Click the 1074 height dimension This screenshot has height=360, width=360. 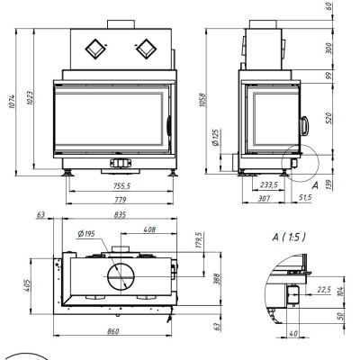pyautogui.click(x=12, y=102)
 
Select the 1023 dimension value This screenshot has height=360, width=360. pyautogui.click(x=30, y=98)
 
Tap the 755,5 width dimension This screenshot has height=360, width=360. pyautogui.click(x=121, y=186)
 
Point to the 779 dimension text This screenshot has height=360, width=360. pyautogui.click(x=120, y=199)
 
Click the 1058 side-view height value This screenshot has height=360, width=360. pyautogui.click(x=202, y=100)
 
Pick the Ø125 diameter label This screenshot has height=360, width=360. pyautogui.click(x=216, y=138)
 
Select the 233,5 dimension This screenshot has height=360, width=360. pyautogui.click(x=268, y=185)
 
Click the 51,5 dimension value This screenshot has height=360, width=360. pyautogui.click(x=305, y=197)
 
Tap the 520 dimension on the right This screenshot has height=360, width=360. pyautogui.click(x=329, y=119)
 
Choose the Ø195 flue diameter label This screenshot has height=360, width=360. pyautogui.click(x=86, y=234)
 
